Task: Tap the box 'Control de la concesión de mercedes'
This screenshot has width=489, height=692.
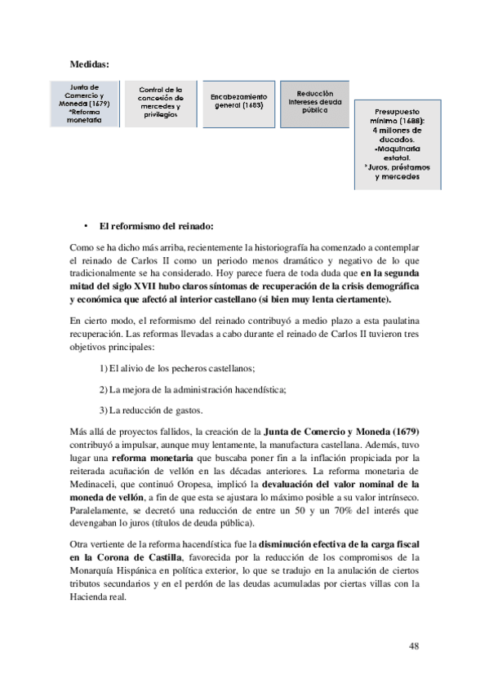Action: tap(161, 103)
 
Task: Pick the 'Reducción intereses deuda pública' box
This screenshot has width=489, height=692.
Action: tap(314, 102)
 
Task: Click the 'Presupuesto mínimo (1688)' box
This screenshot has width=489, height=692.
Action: tap(397, 144)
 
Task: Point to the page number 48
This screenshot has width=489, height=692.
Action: tap(413, 646)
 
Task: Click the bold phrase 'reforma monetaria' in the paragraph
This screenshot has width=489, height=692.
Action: tap(153, 459)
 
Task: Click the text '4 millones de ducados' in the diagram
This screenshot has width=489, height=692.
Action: tap(397, 134)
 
